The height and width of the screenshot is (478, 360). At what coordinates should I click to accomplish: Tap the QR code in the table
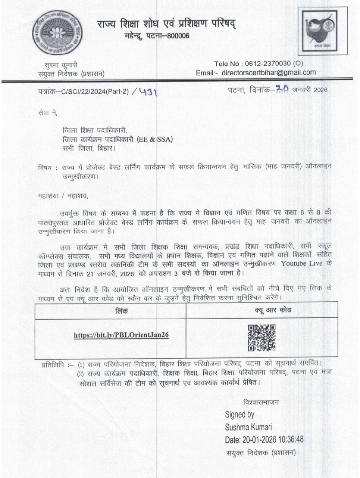262,338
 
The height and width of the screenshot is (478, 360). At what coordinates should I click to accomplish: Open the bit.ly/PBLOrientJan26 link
121,335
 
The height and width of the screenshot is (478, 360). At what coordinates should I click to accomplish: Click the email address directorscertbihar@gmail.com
269,73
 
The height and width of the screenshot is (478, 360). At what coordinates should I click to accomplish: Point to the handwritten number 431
147,91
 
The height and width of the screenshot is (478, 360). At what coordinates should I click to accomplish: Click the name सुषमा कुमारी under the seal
58,65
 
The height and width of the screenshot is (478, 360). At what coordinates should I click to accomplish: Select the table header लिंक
122,311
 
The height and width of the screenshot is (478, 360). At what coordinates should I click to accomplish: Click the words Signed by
240,415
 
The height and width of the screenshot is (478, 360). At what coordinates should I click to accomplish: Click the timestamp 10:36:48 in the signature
289,439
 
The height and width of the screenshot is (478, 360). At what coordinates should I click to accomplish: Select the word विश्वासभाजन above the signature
260,403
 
